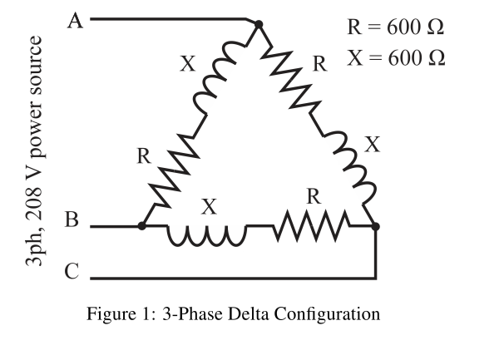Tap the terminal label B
[72, 221]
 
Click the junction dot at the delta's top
[258, 25]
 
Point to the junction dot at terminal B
[142, 225]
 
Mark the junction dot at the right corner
[376, 225]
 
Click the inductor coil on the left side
[217, 84]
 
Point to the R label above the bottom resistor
[314, 197]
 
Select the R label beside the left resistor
[144, 155]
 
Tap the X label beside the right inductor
[373, 145]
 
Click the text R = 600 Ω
[395, 26]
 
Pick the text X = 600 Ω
[395, 57]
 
